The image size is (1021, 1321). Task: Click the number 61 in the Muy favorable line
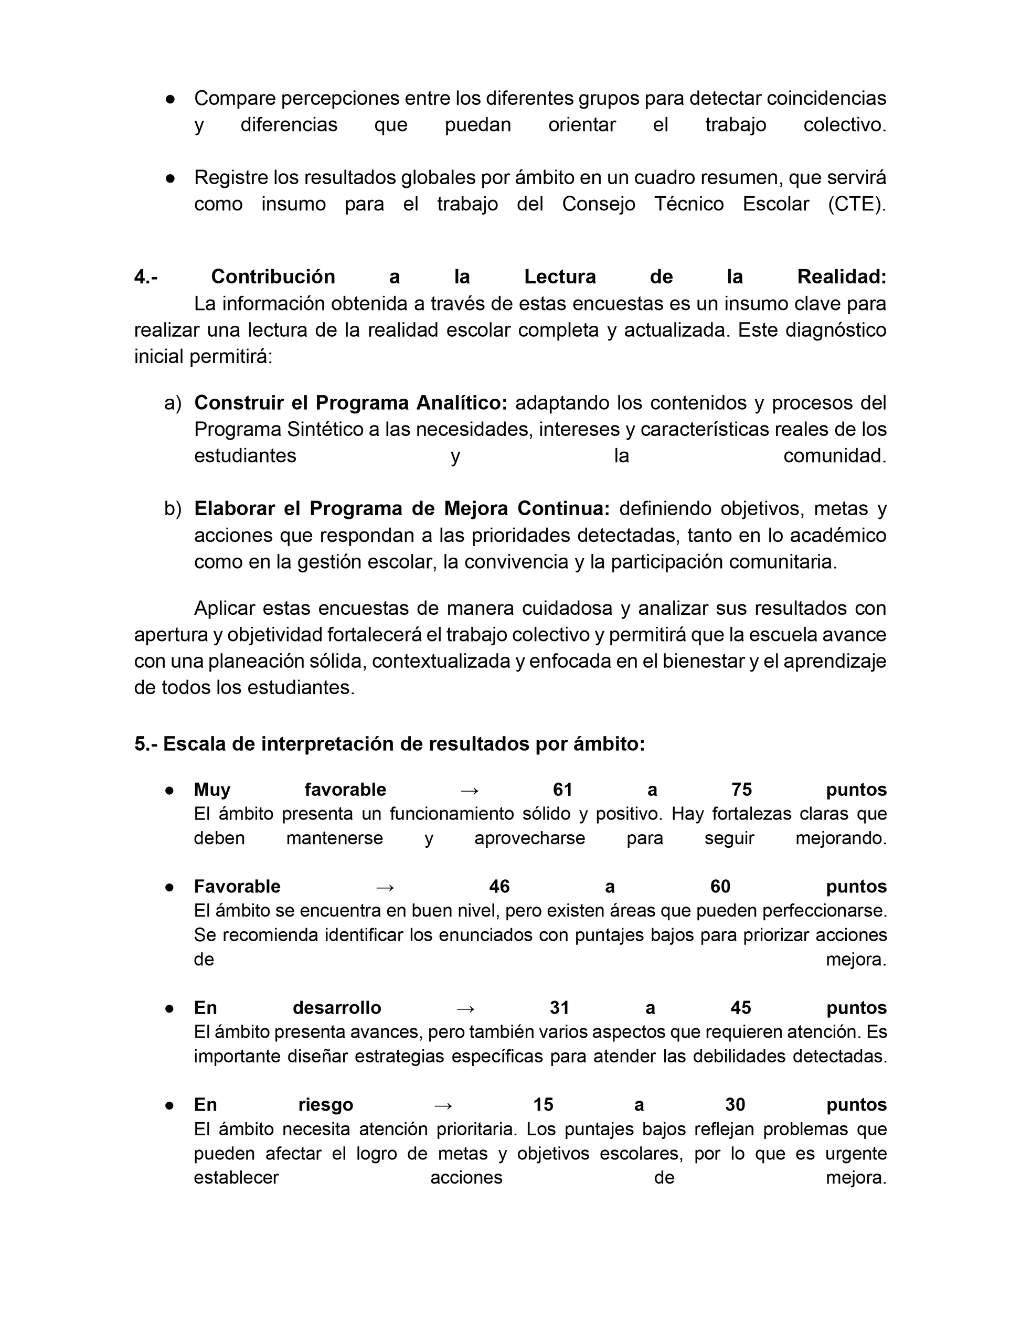(562, 790)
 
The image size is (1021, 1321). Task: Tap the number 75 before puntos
(741, 790)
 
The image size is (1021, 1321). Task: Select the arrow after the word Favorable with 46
(385, 887)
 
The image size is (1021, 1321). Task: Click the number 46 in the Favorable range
(499, 887)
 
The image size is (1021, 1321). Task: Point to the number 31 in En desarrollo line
(559, 1008)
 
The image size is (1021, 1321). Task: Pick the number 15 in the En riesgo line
(543, 1104)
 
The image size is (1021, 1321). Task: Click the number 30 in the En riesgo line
(735, 1104)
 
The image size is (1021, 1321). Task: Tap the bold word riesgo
(325, 1105)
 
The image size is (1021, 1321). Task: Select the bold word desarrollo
(337, 1008)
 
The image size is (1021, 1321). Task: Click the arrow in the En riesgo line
(443, 1105)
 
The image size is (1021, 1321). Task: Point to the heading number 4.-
(146, 277)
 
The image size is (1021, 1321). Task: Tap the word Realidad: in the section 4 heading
(842, 277)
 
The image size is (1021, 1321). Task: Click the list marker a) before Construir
(173, 403)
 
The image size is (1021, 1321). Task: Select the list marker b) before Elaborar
(173, 509)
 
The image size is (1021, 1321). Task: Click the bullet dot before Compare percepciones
(171, 99)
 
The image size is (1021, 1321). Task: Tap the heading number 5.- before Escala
(146, 744)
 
